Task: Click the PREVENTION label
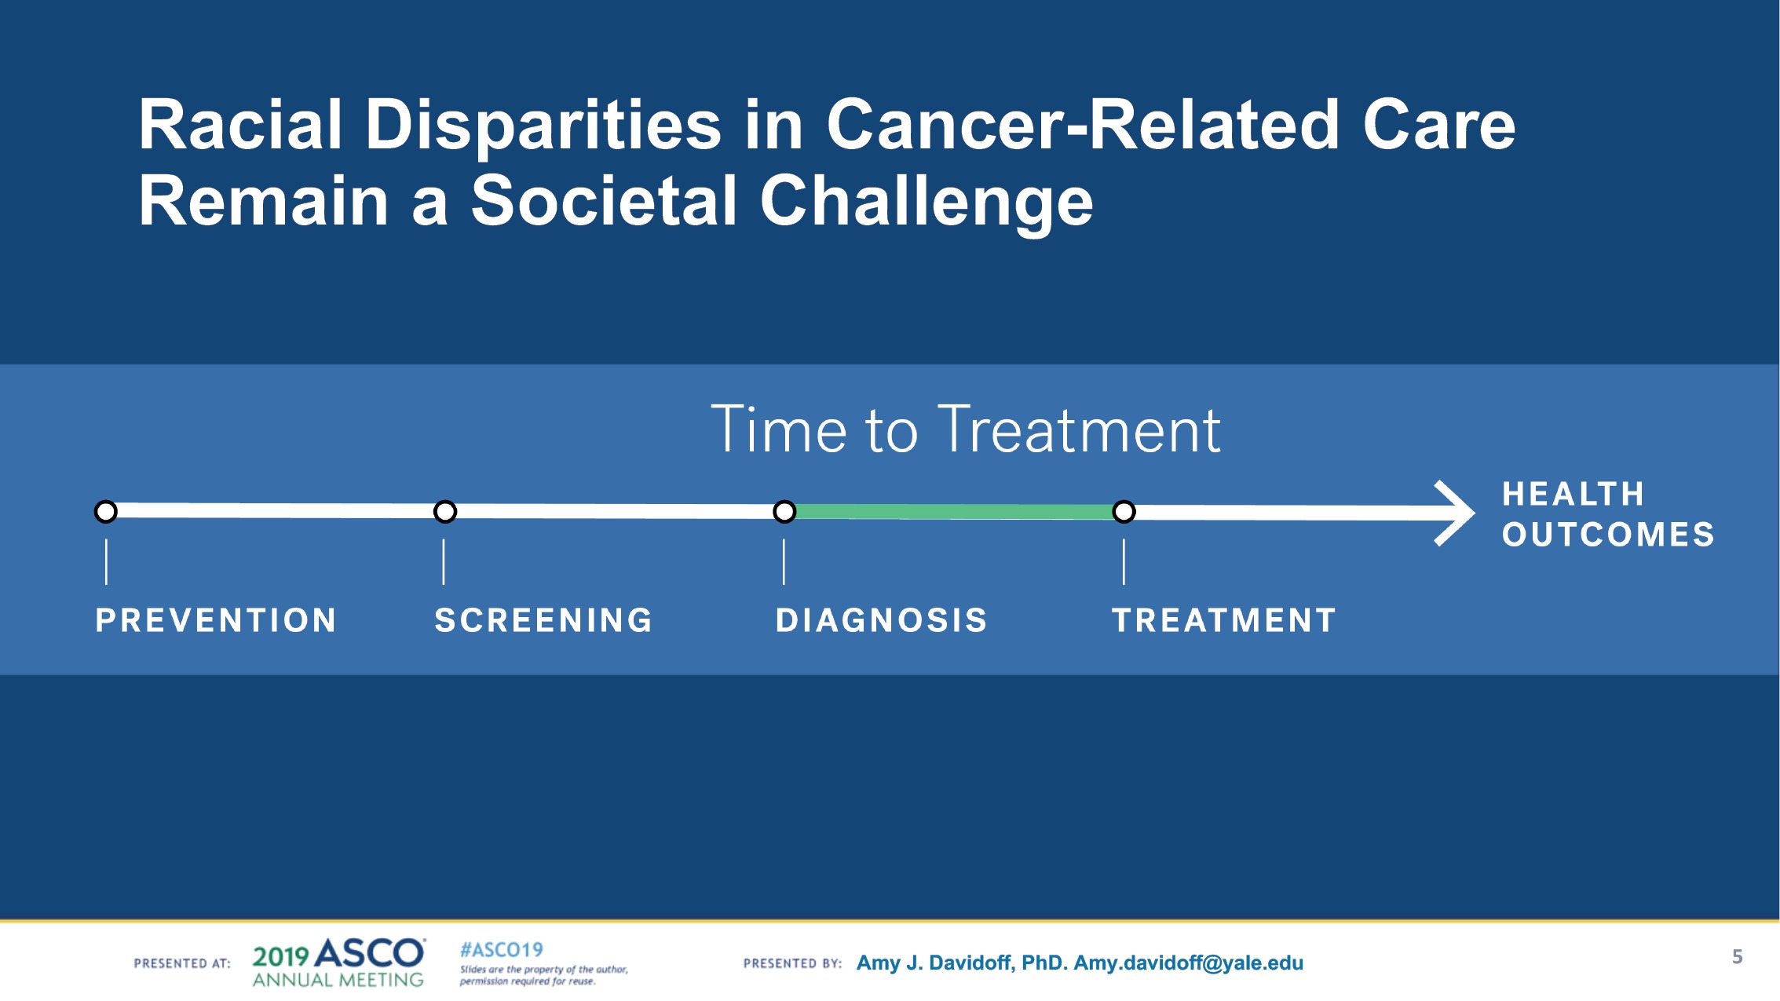216,620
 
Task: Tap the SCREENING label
543,620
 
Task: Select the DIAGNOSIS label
881,620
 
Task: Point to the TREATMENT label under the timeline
1223,620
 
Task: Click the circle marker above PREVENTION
106,512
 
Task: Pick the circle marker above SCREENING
445,512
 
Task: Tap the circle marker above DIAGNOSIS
784,512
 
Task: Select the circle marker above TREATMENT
1124,512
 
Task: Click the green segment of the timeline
954,512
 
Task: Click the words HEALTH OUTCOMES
1607,514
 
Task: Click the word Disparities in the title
543,126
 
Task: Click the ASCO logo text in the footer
369,954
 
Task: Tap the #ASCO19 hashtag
501,950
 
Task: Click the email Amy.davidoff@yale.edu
1188,963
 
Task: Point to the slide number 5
1737,956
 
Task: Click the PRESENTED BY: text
792,963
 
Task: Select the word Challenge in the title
927,202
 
